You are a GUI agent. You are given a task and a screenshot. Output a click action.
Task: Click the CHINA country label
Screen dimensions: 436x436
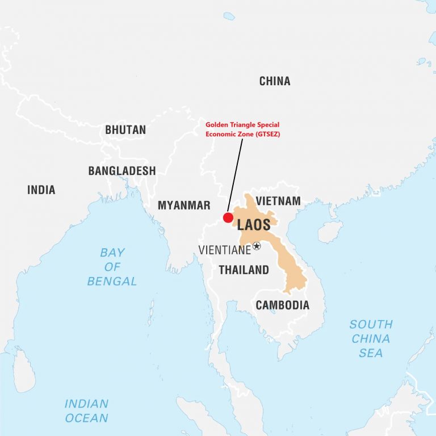[x=275, y=81]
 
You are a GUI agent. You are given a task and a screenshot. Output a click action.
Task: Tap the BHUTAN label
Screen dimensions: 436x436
[x=125, y=130]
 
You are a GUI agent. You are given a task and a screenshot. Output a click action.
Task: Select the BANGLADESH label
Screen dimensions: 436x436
[x=121, y=171]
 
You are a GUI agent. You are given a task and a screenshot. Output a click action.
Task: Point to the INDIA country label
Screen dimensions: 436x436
[x=41, y=190]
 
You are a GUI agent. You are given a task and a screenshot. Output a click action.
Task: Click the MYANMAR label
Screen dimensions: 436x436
[x=184, y=206]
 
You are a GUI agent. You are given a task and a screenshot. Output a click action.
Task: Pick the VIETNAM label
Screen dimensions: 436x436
[x=278, y=201]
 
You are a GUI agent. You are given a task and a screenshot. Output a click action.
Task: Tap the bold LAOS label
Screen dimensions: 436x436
[x=254, y=224]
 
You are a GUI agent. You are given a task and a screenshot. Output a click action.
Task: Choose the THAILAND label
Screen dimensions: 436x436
[x=244, y=270]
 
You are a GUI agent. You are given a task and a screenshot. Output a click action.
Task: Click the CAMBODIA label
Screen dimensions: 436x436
[x=283, y=305]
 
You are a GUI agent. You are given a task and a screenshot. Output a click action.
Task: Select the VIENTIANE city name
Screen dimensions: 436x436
[x=225, y=250]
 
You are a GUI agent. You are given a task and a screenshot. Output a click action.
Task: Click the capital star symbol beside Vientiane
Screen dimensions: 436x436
[x=257, y=246]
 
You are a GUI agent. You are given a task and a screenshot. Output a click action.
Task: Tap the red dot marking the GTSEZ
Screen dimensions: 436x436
[x=228, y=217]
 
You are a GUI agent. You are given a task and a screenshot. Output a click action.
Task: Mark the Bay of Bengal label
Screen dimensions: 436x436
[x=112, y=266]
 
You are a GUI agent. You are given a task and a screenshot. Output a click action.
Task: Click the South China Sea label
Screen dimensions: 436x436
[x=371, y=338]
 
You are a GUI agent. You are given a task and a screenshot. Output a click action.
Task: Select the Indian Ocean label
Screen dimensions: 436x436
[x=86, y=411]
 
